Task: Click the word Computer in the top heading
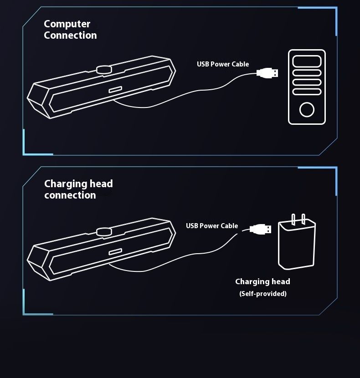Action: [x=67, y=24]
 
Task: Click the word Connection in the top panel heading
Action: [x=70, y=36]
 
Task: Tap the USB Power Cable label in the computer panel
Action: [x=223, y=64]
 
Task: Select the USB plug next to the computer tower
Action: [x=267, y=72]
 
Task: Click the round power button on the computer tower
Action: [x=307, y=109]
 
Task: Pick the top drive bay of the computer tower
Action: [x=307, y=61]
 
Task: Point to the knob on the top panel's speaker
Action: [x=104, y=70]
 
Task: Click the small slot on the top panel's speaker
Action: [x=115, y=90]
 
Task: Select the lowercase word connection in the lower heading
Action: [x=70, y=195]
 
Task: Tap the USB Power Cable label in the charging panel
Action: [x=212, y=226]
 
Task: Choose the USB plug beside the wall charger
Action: [x=261, y=229]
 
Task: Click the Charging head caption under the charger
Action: [x=262, y=282]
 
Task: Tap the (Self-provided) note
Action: [x=263, y=294]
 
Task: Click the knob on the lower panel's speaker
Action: [x=104, y=232]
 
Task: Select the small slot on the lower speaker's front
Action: [x=115, y=252]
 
